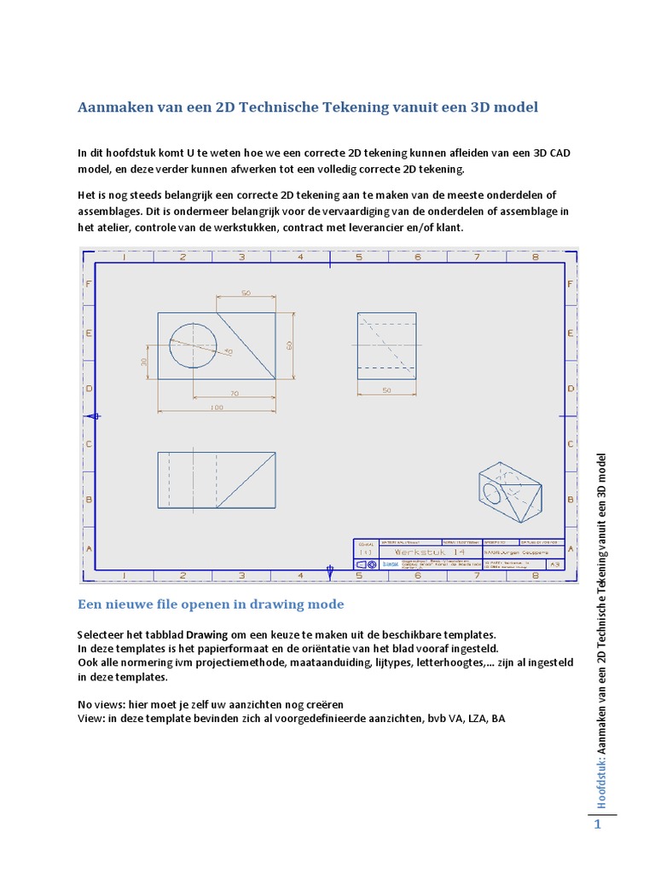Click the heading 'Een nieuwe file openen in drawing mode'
[x=211, y=604]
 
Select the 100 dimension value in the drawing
[x=216, y=408]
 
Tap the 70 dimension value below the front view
[x=234, y=392]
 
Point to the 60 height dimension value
[x=288, y=346]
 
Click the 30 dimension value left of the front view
[x=144, y=362]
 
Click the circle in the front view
[x=193, y=346]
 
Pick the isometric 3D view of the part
[x=508, y=493]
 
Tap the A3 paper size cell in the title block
[x=555, y=564]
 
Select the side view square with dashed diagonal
[x=387, y=345]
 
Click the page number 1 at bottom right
[x=598, y=825]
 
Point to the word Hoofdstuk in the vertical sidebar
[x=600, y=779]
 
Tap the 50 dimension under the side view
[x=386, y=390]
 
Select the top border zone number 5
[x=357, y=257]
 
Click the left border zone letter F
[x=86, y=282]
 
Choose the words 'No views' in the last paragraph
[x=101, y=705]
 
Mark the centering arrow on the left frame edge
[x=95, y=416]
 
